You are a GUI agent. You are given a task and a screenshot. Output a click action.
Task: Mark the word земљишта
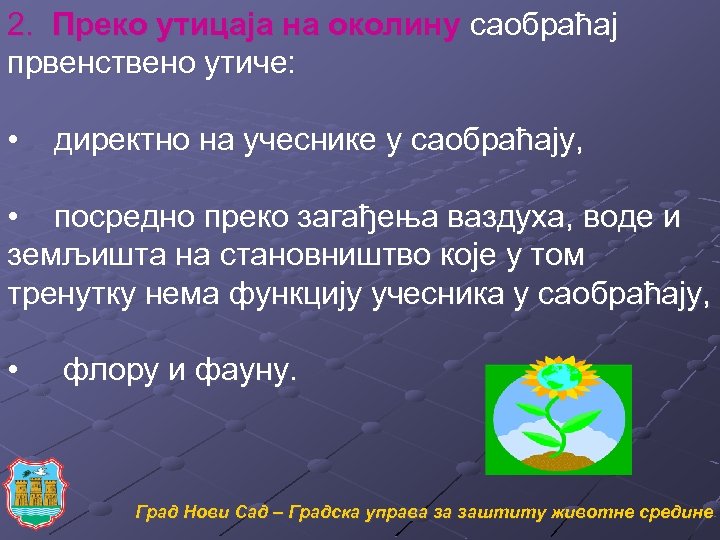69,256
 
